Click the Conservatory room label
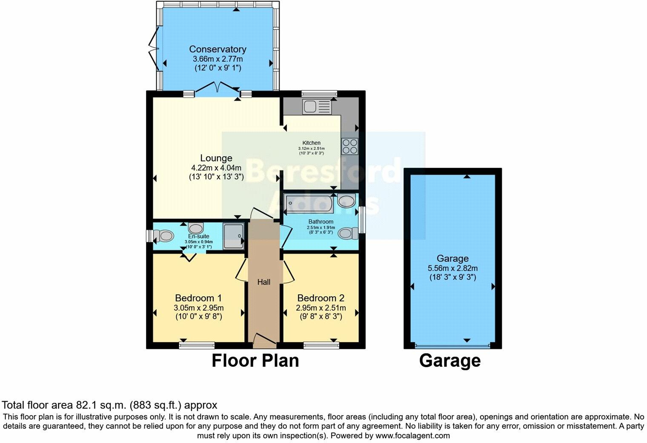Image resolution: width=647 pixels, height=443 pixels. click(218, 49)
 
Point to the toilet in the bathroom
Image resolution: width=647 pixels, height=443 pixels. click(349, 233)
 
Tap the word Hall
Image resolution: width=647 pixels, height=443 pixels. click(264, 282)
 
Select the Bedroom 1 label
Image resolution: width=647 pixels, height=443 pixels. click(198, 298)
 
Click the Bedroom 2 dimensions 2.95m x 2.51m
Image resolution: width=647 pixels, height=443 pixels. click(321, 308)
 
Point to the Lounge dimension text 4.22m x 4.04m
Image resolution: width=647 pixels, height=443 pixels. click(216, 167)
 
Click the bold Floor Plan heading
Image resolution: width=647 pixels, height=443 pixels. click(255, 361)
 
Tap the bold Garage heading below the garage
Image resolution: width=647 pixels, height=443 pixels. click(450, 361)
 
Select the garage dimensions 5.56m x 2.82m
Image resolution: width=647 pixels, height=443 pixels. click(452, 268)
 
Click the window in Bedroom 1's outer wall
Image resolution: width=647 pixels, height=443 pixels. click(197, 345)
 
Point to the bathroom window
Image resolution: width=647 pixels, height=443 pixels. click(362, 220)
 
